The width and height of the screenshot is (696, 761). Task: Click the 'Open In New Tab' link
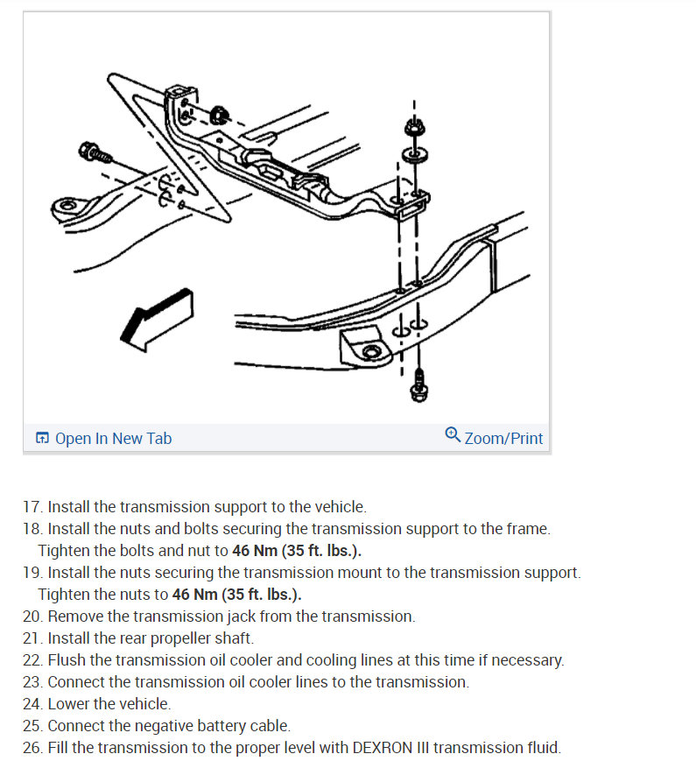pos(113,438)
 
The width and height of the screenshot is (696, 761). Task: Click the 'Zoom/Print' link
pos(503,438)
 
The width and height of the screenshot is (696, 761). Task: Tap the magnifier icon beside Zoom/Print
pos(453,435)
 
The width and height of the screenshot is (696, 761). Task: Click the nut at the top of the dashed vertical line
pos(411,128)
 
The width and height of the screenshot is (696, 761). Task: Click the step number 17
pos(32,507)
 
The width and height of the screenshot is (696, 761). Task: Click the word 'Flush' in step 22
pos(66,660)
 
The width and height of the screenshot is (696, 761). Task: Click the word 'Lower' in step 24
pos(69,704)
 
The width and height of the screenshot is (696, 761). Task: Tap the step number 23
pos(32,682)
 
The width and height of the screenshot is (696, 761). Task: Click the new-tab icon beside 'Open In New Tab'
pos(42,438)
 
